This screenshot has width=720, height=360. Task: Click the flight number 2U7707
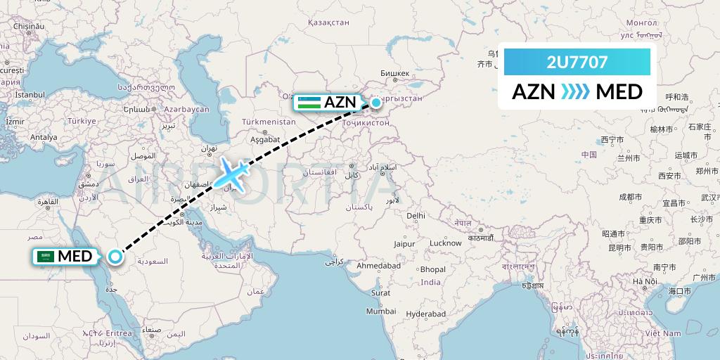tap(577, 63)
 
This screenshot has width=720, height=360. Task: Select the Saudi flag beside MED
tap(46, 257)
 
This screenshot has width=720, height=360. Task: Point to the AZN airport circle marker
tap(376, 103)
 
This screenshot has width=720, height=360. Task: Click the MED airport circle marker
tap(116, 257)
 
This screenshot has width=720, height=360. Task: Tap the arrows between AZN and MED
tap(577, 92)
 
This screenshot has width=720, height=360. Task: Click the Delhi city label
tap(416, 215)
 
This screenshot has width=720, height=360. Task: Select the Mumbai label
tap(380, 310)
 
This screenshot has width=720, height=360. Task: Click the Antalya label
tap(44, 137)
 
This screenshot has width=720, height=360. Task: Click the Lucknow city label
tap(444, 243)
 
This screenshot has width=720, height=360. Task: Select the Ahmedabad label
tap(378, 266)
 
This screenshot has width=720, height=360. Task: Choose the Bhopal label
tap(433, 269)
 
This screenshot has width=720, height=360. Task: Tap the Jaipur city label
tap(403, 243)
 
